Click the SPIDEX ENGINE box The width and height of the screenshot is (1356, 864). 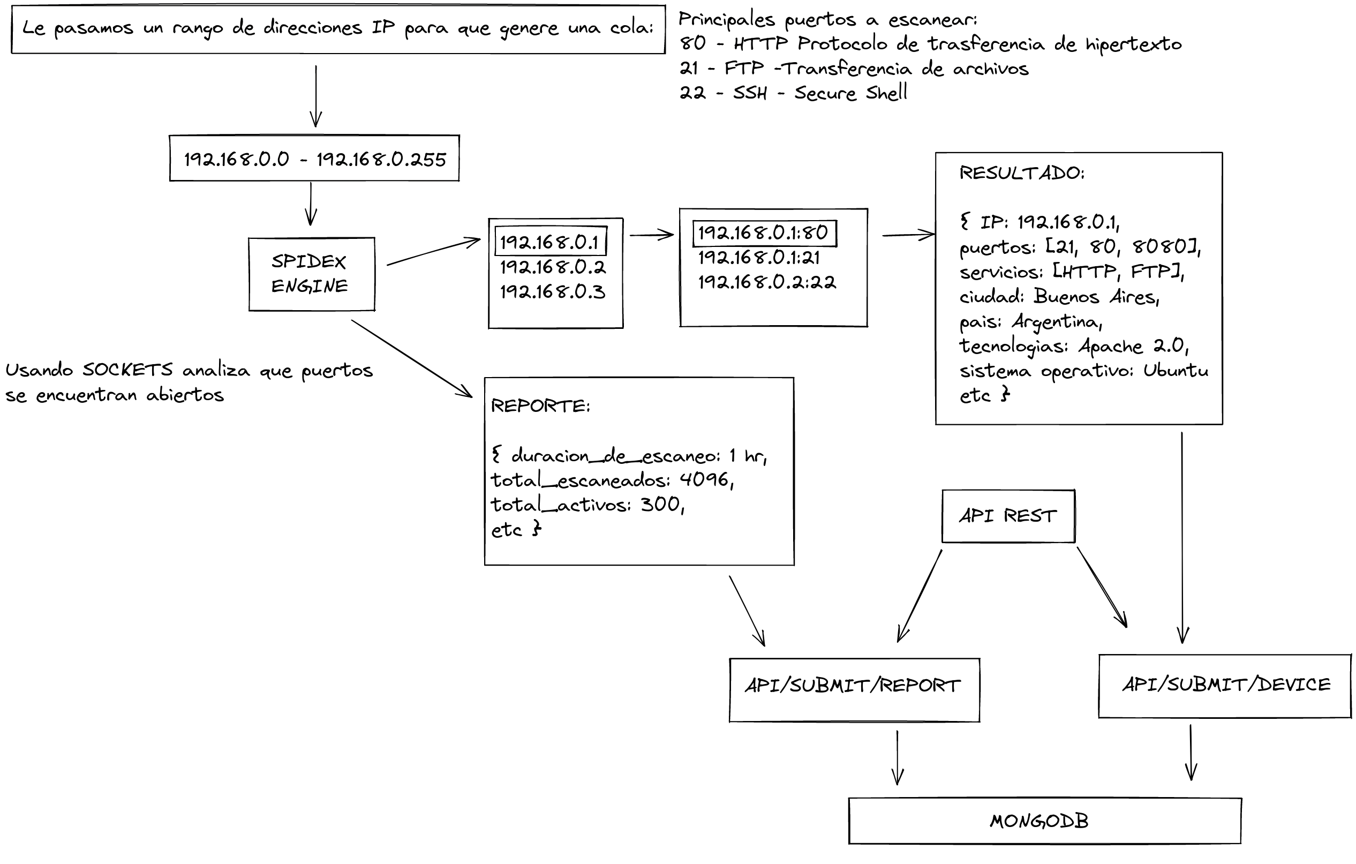point(311,274)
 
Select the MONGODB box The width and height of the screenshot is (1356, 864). point(1045,821)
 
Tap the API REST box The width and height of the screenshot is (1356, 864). point(1008,516)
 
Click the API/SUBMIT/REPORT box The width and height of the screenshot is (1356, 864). point(854,689)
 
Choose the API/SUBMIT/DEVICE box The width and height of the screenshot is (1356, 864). point(1225,686)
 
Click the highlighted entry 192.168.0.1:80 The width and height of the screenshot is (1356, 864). point(764,233)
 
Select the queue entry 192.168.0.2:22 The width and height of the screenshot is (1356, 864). point(767,282)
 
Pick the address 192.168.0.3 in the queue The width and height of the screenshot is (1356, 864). point(553,292)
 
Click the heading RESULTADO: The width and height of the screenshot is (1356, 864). point(1021,173)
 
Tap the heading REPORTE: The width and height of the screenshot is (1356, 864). point(540,405)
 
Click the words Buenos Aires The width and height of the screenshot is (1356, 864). point(1096,297)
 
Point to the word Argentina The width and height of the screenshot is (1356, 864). point(1057,321)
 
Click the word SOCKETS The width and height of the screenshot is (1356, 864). point(128,370)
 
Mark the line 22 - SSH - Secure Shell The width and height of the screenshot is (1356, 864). point(793,92)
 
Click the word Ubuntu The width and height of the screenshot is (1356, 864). point(1176,371)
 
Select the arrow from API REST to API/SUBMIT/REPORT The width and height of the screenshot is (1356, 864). point(919,596)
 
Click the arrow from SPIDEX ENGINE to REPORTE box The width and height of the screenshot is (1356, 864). point(411,359)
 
